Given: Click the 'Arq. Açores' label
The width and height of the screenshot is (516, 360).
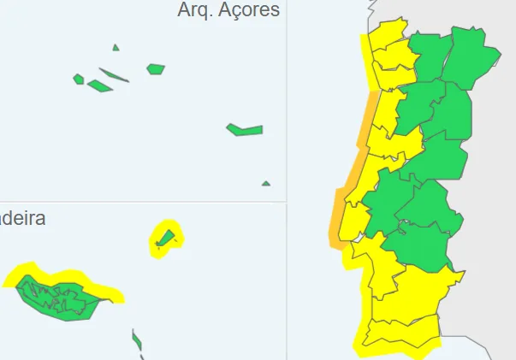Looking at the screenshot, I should coord(228,10).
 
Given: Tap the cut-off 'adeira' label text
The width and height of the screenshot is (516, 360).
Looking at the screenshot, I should coord(22,218).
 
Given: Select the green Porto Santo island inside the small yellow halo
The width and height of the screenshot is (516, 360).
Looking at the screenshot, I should coord(164,238).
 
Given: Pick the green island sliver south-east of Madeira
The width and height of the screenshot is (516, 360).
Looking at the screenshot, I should coord(137,341).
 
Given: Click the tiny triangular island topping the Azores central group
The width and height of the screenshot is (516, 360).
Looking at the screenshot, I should coord(116,48).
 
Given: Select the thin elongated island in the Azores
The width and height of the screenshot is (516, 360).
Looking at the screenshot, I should coord(114,75).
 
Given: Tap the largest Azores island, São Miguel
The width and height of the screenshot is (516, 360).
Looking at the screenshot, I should coord(245,130).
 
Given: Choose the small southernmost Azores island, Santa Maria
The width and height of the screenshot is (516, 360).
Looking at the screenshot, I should coord(266,183).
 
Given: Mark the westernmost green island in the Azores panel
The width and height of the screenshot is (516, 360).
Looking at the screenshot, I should coord(79,80).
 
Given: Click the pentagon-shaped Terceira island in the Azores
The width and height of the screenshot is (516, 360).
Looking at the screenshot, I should coord(155,68).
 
